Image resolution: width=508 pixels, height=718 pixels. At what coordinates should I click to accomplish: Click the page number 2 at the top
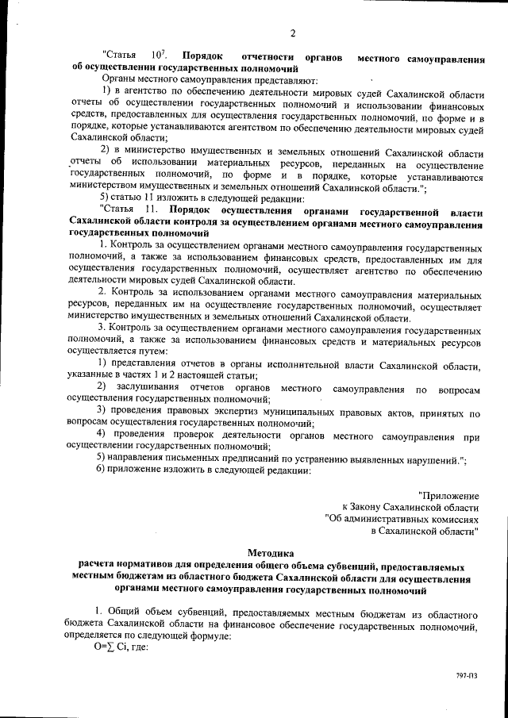tap(292, 33)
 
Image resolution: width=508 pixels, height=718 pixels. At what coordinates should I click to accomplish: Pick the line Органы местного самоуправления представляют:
tap(209, 82)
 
